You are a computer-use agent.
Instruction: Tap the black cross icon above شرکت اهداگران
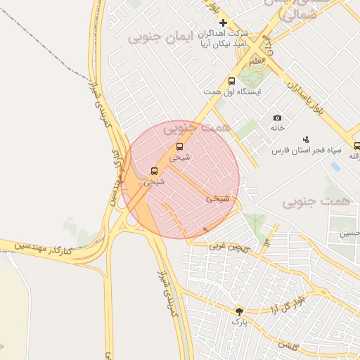pyautogui.click(x=223, y=23)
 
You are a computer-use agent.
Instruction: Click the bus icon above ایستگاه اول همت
pyautogui.click(x=232, y=82)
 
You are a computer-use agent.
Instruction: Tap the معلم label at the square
pyautogui.click(x=257, y=62)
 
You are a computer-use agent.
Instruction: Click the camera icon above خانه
pyautogui.click(x=277, y=118)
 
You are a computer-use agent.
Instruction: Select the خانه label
pyautogui.click(x=277, y=129)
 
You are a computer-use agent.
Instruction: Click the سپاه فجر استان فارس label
pyautogui.click(x=307, y=150)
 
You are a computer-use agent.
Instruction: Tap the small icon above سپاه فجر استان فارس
pyautogui.click(x=305, y=139)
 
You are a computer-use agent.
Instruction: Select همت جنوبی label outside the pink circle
pyautogui.click(x=316, y=202)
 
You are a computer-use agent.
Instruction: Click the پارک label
pyautogui.click(x=240, y=322)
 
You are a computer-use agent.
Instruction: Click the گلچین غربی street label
pyautogui.click(x=229, y=246)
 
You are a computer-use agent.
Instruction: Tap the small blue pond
pyautogui.click(x=335, y=167)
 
